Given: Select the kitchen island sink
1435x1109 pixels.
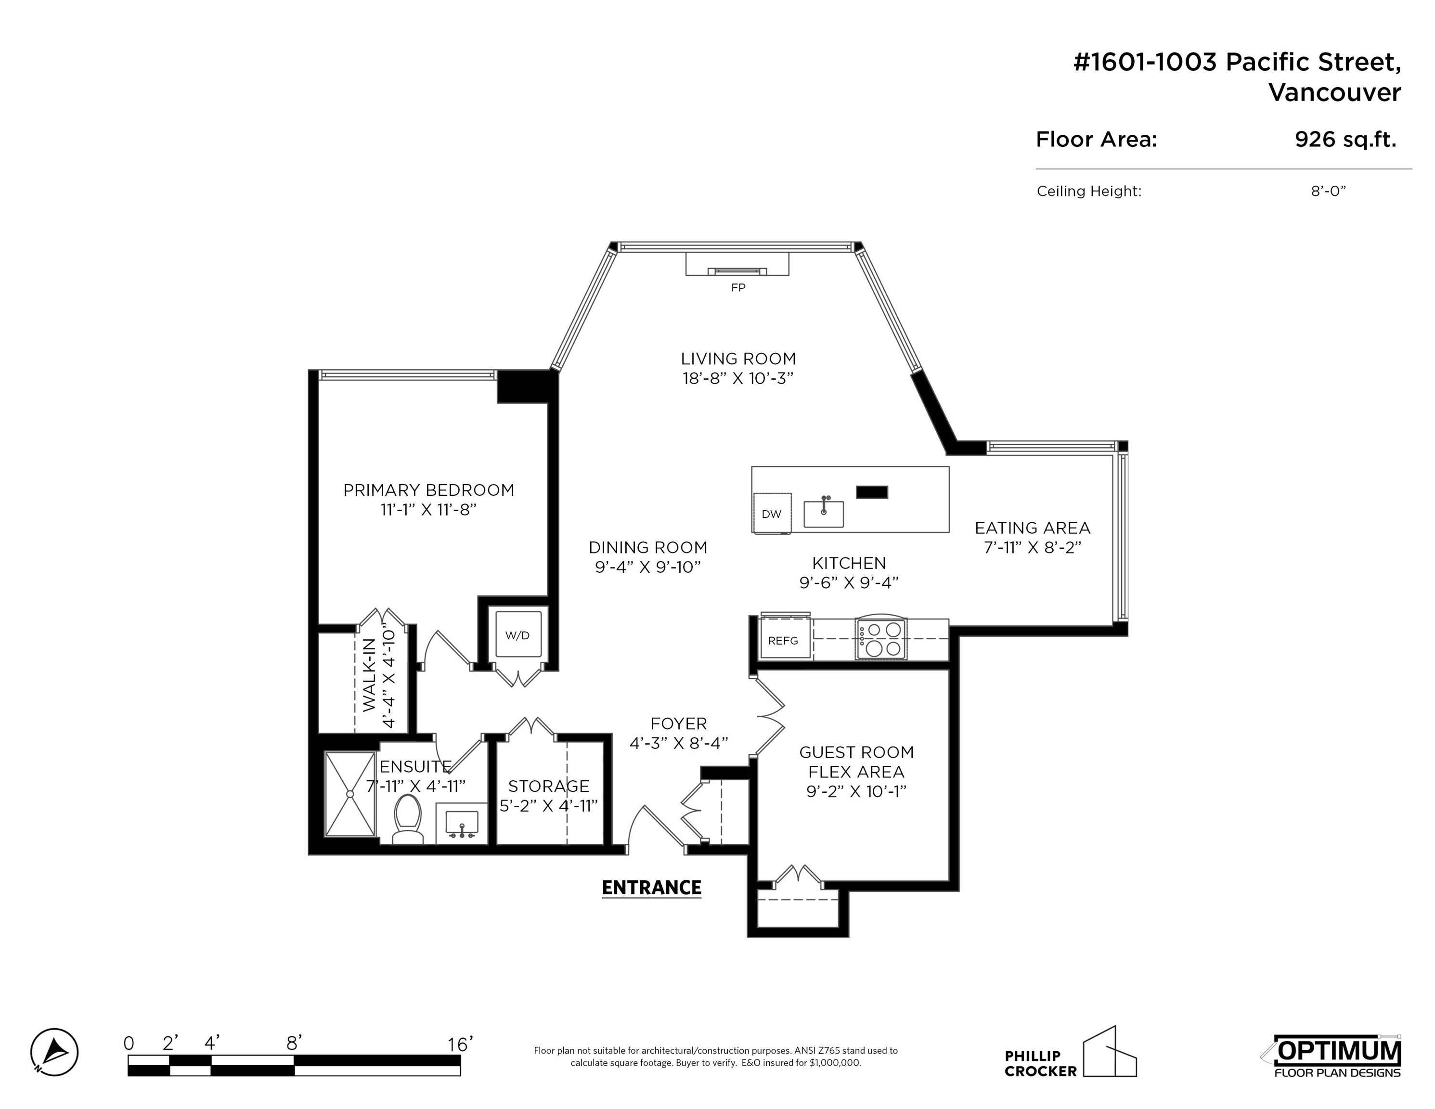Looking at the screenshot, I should coord(823,513).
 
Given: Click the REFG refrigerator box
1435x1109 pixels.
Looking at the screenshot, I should coord(783,640).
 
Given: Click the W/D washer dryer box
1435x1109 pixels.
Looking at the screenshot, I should coord(518,635).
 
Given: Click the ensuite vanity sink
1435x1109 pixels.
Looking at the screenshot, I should coord(462,823).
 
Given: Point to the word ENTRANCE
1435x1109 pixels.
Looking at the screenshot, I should coord(651,888).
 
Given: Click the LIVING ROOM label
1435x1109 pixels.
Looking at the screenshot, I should coord(738,359).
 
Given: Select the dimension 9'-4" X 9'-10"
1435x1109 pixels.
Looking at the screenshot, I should coord(648,567).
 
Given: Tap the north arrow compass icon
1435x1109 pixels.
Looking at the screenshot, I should coord(54,1052).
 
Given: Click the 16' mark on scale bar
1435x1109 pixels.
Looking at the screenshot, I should coord(460,1044).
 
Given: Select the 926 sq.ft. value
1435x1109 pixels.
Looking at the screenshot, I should coord(1345,139).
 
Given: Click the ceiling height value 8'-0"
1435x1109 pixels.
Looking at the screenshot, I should coord(1329,191).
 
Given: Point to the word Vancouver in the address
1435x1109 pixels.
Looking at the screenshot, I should coord(1334,92).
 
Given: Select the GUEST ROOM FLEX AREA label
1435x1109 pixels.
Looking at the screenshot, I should coord(856,761).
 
